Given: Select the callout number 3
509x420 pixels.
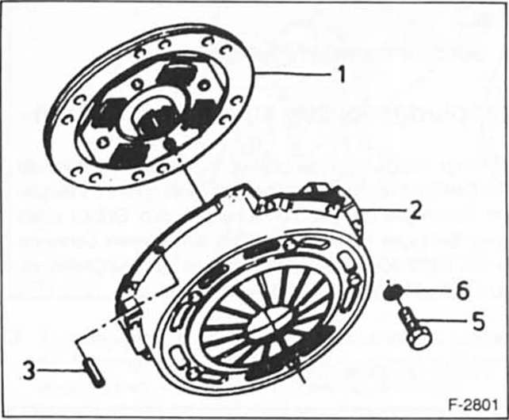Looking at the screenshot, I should click(x=30, y=370).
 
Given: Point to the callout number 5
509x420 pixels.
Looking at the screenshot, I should click(x=477, y=323).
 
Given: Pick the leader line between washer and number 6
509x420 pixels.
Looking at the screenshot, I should click(x=428, y=292).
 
